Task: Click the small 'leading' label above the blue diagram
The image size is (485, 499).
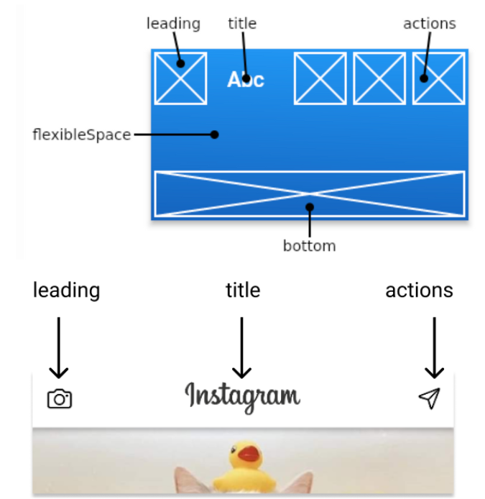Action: click(x=173, y=23)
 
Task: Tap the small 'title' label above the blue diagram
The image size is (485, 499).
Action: click(x=242, y=23)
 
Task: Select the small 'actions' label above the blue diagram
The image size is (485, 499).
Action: click(x=429, y=23)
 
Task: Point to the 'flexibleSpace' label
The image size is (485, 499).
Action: click(x=81, y=134)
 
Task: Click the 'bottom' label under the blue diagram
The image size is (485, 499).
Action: click(x=309, y=246)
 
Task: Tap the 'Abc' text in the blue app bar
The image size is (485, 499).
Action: click(x=246, y=79)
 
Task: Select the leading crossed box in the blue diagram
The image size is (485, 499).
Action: click(x=180, y=78)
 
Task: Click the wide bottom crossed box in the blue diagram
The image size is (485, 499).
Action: click(x=310, y=193)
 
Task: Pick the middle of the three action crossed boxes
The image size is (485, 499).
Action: click(x=379, y=78)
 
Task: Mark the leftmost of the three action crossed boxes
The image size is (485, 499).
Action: click(x=320, y=78)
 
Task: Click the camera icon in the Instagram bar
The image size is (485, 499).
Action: click(x=60, y=398)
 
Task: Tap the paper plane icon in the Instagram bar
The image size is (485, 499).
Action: click(x=429, y=398)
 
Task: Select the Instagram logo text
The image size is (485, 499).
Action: click(x=242, y=396)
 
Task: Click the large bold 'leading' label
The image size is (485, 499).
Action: click(x=66, y=290)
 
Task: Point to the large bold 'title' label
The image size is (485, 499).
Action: click(x=243, y=290)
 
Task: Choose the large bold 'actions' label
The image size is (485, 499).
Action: click(x=419, y=290)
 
